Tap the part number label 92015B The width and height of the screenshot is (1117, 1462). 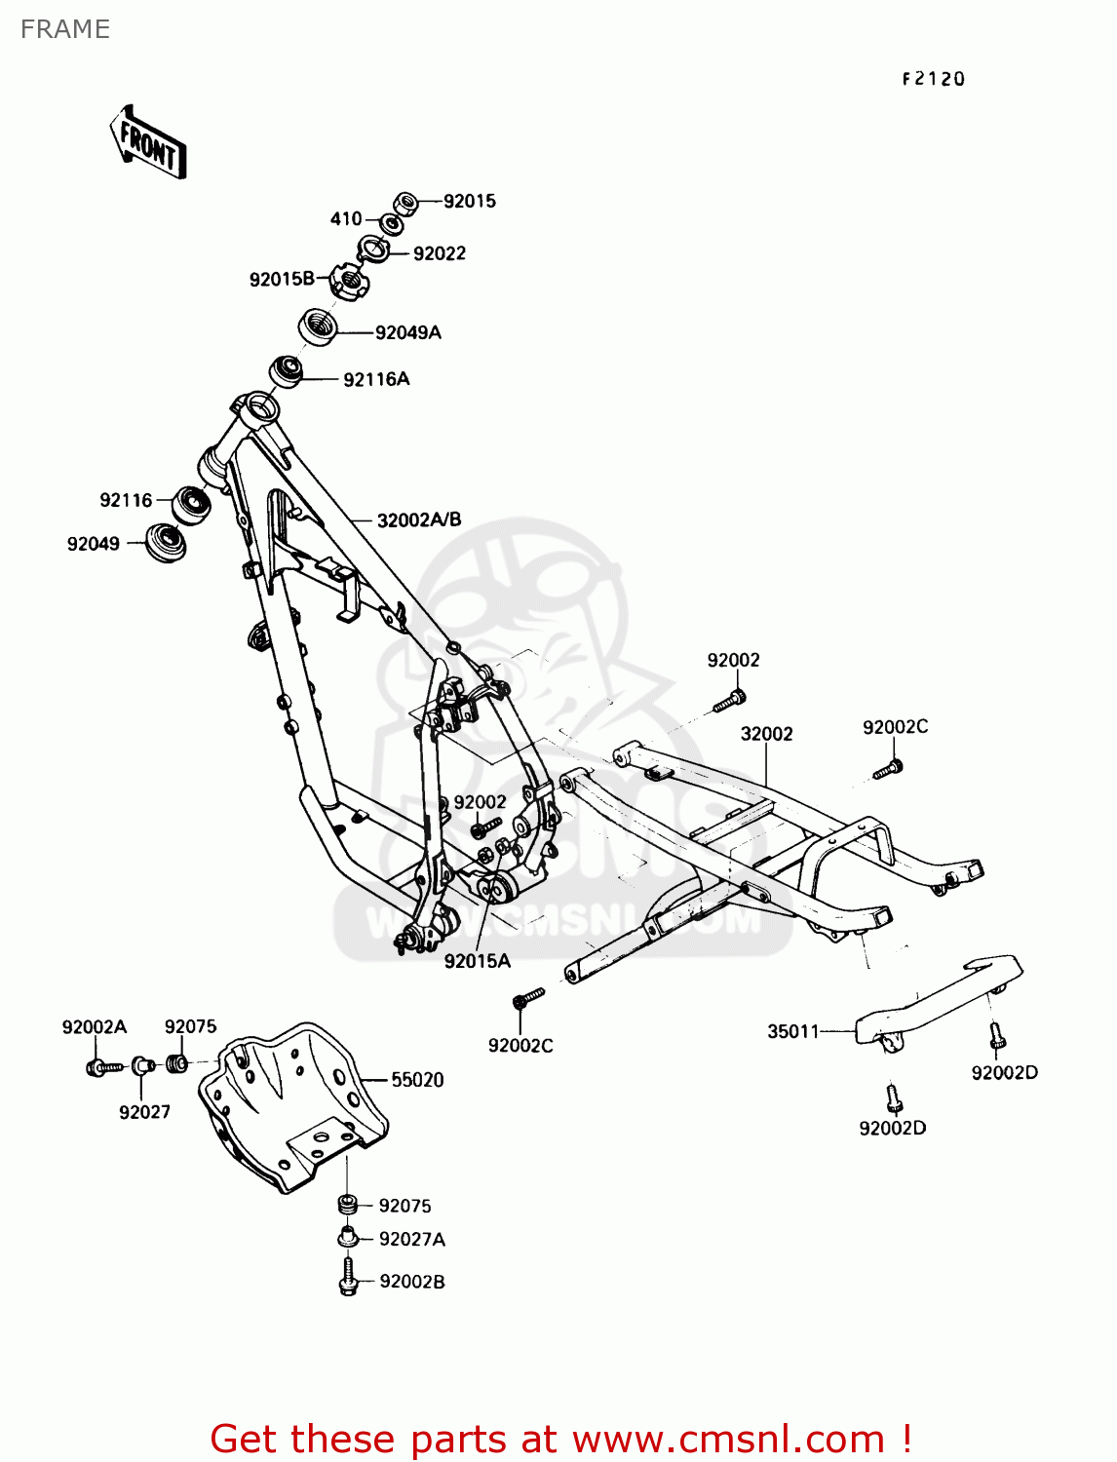[x=281, y=280]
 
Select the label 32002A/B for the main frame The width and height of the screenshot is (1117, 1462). [x=418, y=520]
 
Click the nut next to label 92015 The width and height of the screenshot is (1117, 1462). [x=407, y=203]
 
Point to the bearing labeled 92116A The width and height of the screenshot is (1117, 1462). [x=286, y=371]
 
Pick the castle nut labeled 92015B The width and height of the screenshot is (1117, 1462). [x=348, y=283]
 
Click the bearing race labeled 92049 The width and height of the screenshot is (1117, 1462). [x=165, y=542]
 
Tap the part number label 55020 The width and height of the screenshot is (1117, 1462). [x=417, y=1080]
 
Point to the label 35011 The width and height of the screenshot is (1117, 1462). [x=793, y=1031]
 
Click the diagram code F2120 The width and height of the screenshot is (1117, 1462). [x=933, y=80]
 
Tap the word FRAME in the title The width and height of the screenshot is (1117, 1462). [x=65, y=29]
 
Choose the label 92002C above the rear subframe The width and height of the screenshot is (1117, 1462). [x=895, y=727]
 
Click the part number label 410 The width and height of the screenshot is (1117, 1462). [x=346, y=219]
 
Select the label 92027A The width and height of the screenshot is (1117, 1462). [x=411, y=1240]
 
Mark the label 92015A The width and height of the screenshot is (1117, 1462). [x=477, y=961]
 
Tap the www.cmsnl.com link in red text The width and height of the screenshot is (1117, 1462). [x=728, y=1439]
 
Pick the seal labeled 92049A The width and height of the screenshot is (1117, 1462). [x=318, y=325]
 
